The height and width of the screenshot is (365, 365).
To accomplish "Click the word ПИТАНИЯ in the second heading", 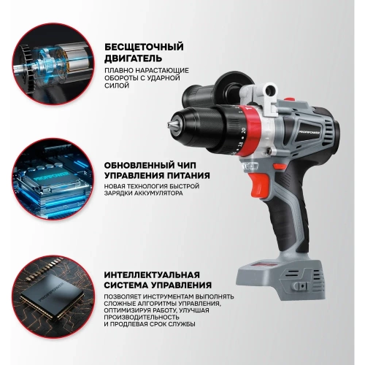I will (188, 176).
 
